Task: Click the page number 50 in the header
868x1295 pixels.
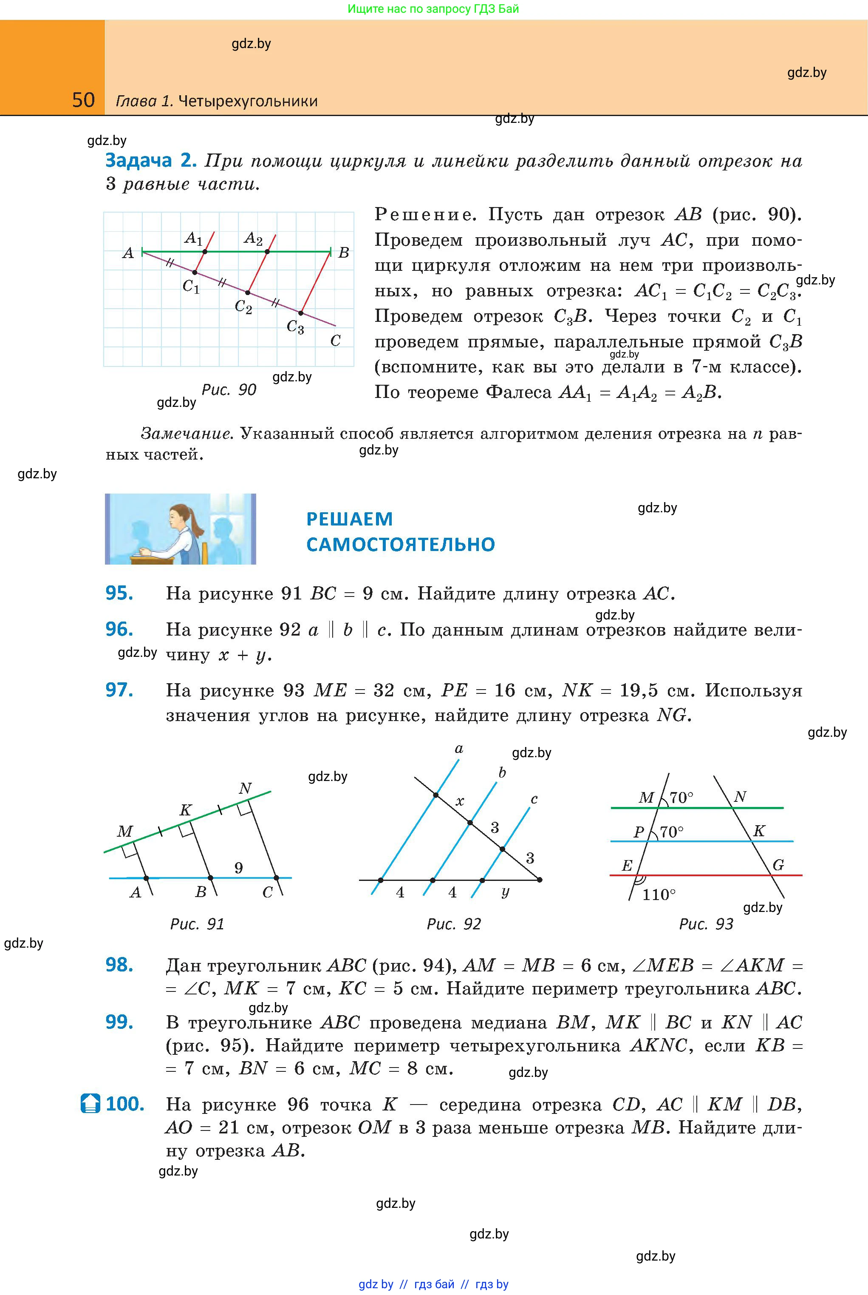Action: (84, 100)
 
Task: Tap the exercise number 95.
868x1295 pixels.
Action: (119, 593)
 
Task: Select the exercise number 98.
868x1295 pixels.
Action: (119, 965)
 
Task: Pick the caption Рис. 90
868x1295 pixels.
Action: (229, 390)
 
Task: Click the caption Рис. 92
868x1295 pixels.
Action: (454, 924)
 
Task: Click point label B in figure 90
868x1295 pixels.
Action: (344, 253)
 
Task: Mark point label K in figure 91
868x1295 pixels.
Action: (185, 810)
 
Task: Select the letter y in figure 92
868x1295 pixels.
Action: (505, 892)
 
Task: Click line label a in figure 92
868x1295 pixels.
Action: (459, 749)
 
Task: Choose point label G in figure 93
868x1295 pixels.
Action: (778, 865)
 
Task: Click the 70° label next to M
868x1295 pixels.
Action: (681, 798)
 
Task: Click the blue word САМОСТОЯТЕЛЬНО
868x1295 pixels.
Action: (400, 545)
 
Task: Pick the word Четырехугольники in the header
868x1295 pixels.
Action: (248, 101)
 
